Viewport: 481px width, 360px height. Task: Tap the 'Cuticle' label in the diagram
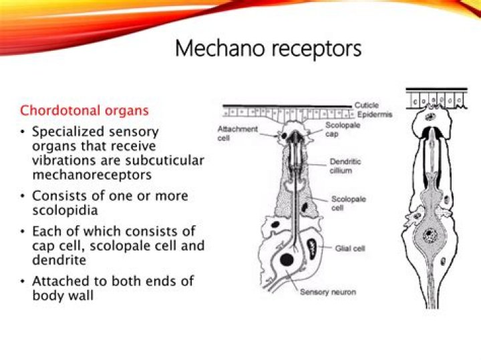tap(366, 105)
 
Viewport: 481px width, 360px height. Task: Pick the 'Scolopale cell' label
tap(349, 203)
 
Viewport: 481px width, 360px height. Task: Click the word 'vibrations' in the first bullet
tap(65, 160)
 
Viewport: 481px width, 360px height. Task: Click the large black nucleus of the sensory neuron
tap(286, 259)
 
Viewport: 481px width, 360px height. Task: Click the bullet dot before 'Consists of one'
tap(23, 196)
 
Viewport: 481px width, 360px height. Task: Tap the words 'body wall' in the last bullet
tap(63, 295)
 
